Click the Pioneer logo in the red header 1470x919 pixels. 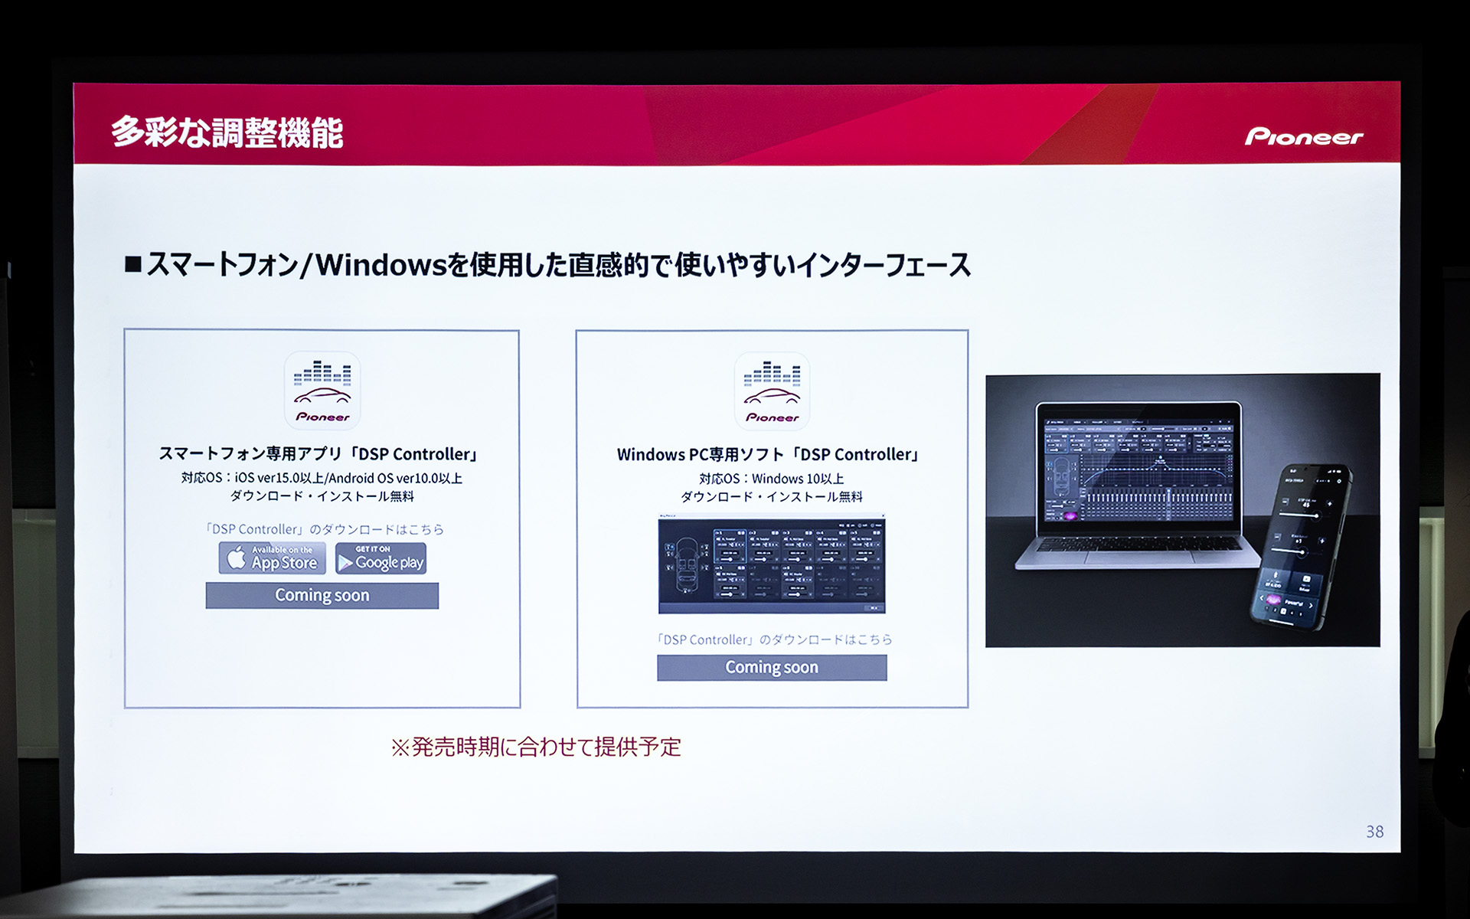coord(1303,136)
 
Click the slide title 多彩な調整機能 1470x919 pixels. coord(227,132)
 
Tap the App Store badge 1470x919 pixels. coord(273,558)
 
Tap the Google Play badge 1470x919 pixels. coord(381,558)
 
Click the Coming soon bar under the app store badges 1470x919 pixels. coord(322,595)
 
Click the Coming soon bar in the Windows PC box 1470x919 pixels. coord(772,667)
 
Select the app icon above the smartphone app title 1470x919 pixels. coord(322,391)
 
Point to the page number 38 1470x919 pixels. coord(1374,832)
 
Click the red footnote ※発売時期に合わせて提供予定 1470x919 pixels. coord(536,747)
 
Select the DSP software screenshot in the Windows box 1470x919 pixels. coord(772,564)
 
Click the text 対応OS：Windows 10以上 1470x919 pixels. coord(772,479)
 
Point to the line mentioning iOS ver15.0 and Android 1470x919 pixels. coord(322,478)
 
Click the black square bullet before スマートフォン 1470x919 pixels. coord(133,265)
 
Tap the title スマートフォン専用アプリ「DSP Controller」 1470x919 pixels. coord(318,454)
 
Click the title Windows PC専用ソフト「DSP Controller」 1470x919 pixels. coord(768,455)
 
